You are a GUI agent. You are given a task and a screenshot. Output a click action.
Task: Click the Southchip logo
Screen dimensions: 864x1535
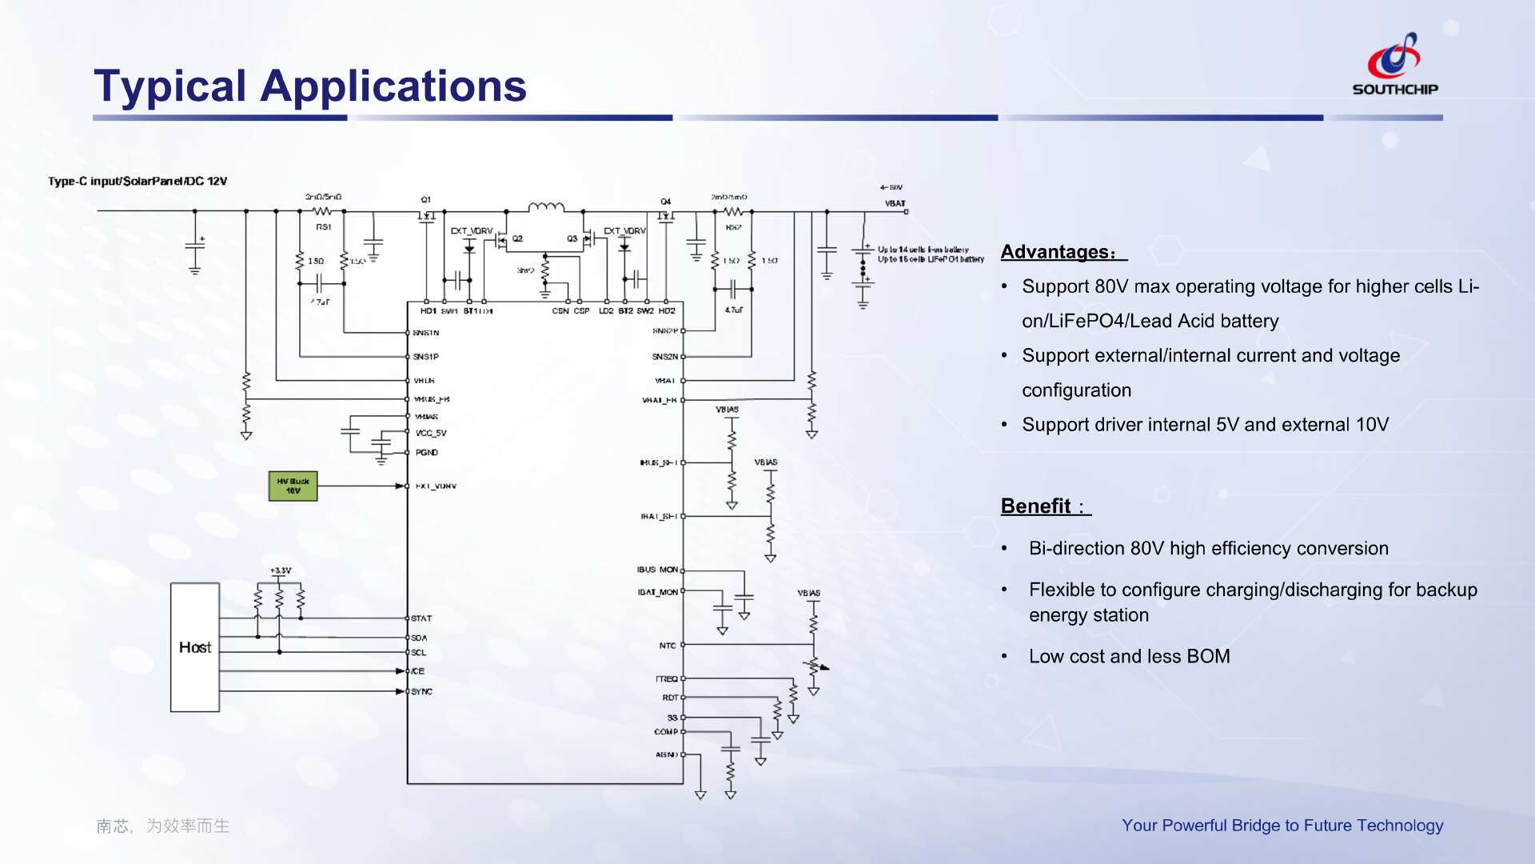(1394, 65)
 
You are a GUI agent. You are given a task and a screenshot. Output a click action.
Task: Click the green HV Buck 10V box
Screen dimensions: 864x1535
(293, 486)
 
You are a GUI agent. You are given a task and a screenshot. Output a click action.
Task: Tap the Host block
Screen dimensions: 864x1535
(195, 647)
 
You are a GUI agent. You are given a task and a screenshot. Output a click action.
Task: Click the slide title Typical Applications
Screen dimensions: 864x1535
(310, 86)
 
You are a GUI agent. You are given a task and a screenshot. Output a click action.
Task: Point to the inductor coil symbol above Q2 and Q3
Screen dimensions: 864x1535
(546, 207)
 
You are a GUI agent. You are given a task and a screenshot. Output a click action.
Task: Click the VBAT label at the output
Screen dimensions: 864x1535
(895, 203)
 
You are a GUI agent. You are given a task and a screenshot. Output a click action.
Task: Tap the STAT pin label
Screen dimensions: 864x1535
(421, 618)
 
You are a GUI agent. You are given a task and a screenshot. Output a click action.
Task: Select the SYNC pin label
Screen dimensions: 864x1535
(421, 691)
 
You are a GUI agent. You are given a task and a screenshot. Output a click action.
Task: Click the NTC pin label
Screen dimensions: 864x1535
(668, 646)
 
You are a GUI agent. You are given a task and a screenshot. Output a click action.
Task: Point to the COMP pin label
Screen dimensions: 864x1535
(665, 732)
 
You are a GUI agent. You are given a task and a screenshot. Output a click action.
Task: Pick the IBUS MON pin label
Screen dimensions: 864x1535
(657, 570)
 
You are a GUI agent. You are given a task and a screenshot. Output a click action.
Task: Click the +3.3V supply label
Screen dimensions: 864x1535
(281, 571)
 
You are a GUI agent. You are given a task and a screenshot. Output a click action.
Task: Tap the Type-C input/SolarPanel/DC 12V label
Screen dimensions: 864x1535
(138, 182)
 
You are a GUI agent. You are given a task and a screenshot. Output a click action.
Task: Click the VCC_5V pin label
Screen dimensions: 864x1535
(431, 434)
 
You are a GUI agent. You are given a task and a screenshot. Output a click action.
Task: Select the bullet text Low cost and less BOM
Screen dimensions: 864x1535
(1129, 657)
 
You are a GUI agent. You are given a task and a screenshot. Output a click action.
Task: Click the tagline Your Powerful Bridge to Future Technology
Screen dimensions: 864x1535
(1282, 826)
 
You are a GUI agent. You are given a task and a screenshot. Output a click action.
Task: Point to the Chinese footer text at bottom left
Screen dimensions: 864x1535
(163, 826)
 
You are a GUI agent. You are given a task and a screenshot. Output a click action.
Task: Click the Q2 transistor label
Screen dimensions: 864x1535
(517, 238)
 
